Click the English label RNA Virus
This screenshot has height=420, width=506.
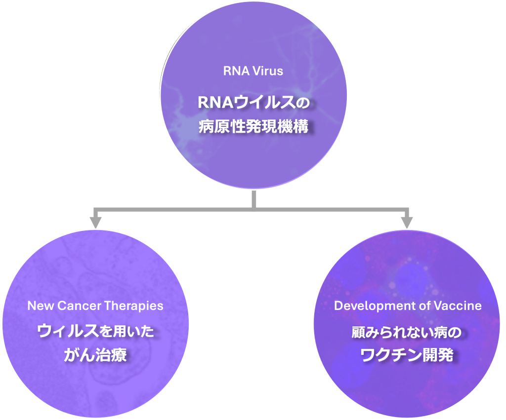point(253,71)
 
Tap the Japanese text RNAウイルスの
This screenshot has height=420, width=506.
point(253,103)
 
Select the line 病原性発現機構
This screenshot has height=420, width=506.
point(253,127)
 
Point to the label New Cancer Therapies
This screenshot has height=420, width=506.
point(95,305)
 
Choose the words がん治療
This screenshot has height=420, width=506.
point(95,354)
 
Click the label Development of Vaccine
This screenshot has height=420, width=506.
point(408,305)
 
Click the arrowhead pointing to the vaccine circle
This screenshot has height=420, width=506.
point(406,222)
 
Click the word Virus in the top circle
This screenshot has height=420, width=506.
point(267,71)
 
